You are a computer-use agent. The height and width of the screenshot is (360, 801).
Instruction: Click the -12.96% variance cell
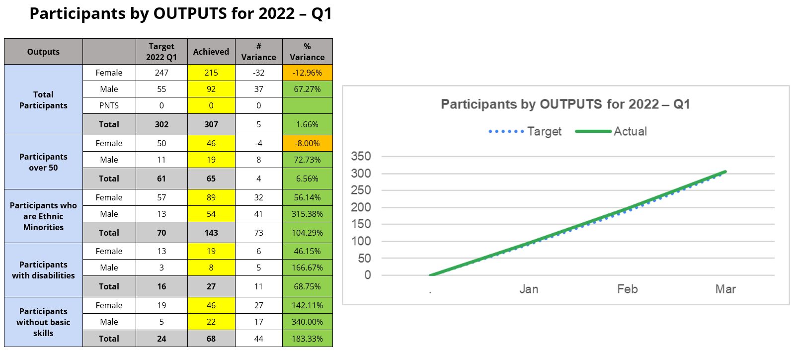click(x=307, y=73)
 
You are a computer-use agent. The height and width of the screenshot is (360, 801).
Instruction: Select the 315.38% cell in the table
click(x=307, y=214)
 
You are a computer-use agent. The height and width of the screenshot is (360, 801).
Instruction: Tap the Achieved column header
click(x=211, y=52)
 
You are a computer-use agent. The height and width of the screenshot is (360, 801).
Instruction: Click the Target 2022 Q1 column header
click(x=161, y=52)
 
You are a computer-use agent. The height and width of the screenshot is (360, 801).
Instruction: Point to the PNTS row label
click(x=109, y=105)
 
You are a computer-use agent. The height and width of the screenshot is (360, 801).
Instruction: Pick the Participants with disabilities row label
click(x=43, y=270)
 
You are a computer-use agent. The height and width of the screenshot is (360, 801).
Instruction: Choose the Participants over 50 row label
click(x=43, y=162)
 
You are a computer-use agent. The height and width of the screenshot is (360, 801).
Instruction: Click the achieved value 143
click(x=211, y=233)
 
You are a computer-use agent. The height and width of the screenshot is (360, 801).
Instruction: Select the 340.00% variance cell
click(x=307, y=322)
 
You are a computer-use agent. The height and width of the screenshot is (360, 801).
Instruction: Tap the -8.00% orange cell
click(x=307, y=143)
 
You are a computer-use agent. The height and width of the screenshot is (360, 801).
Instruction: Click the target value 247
click(x=161, y=73)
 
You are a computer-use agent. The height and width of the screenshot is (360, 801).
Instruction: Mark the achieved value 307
click(x=211, y=124)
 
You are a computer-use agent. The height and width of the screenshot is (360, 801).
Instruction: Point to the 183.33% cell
click(x=307, y=339)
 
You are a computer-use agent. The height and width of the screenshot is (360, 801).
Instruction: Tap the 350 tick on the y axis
click(x=361, y=156)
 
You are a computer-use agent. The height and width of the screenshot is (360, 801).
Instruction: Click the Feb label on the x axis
click(x=627, y=289)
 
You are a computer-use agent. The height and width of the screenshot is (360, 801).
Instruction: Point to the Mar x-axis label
click(x=725, y=289)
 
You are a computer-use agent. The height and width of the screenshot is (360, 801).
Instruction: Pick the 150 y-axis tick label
click(x=361, y=224)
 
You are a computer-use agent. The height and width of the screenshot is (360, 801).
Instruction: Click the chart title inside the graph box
click(x=565, y=104)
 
